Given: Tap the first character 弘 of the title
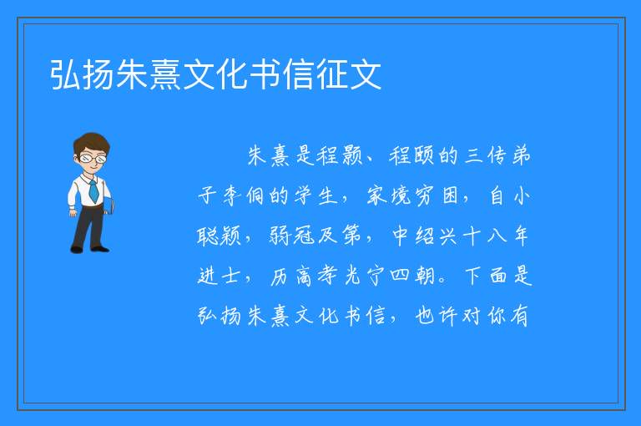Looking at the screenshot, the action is coord(66,74).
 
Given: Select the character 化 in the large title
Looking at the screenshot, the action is coord(232,74).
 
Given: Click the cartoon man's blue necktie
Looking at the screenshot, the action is coord(93,191).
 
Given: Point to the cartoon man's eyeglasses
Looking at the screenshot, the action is coord(93,158).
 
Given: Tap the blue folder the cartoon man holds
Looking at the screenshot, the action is coord(109,205).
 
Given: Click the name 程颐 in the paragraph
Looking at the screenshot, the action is coord(411,156).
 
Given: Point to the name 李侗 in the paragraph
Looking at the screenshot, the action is coord(244,195).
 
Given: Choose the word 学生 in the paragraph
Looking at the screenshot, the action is coord(315,195).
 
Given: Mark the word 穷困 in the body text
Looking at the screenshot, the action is coord(437,195).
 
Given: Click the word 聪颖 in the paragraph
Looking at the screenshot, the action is coord(220,236).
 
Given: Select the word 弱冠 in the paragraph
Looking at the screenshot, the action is coord(292,236).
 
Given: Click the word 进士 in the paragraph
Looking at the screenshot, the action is coord(219,276).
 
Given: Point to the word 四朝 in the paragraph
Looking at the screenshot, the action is coord(412,276).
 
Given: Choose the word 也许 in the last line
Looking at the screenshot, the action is coord(436,316).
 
